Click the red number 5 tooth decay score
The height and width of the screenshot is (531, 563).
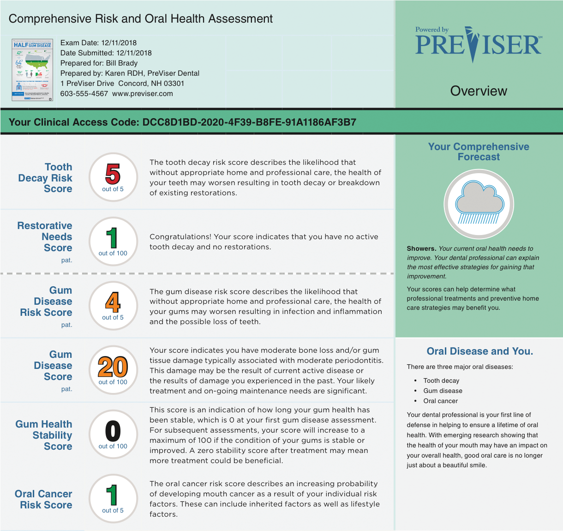(113, 174)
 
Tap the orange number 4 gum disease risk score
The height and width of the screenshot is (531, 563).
(113, 302)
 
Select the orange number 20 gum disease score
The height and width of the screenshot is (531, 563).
(113, 367)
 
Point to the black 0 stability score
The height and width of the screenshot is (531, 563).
(113, 431)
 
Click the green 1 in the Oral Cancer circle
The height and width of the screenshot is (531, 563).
(112, 495)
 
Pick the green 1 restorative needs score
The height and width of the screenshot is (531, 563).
(112, 238)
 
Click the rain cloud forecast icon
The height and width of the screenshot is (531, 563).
(479, 204)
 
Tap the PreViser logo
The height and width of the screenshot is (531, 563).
(479, 44)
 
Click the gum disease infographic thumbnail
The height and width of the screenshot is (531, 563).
(32, 70)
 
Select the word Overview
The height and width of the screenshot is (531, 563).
(479, 91)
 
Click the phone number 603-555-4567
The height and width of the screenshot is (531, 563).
(84, 94)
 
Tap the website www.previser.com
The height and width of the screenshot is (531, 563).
(143, 94)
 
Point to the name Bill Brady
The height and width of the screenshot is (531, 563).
(122, 63)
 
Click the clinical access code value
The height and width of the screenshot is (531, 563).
(249, 122)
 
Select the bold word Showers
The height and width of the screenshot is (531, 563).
(421, 248)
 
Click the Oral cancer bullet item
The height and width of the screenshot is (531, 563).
(441, 401)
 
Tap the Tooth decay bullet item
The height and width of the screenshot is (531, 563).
(441, 381)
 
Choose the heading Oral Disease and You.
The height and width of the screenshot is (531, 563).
(479, 351)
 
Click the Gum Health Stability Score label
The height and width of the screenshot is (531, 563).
(44, 435)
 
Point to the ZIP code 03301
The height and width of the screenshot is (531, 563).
(174, 84)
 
